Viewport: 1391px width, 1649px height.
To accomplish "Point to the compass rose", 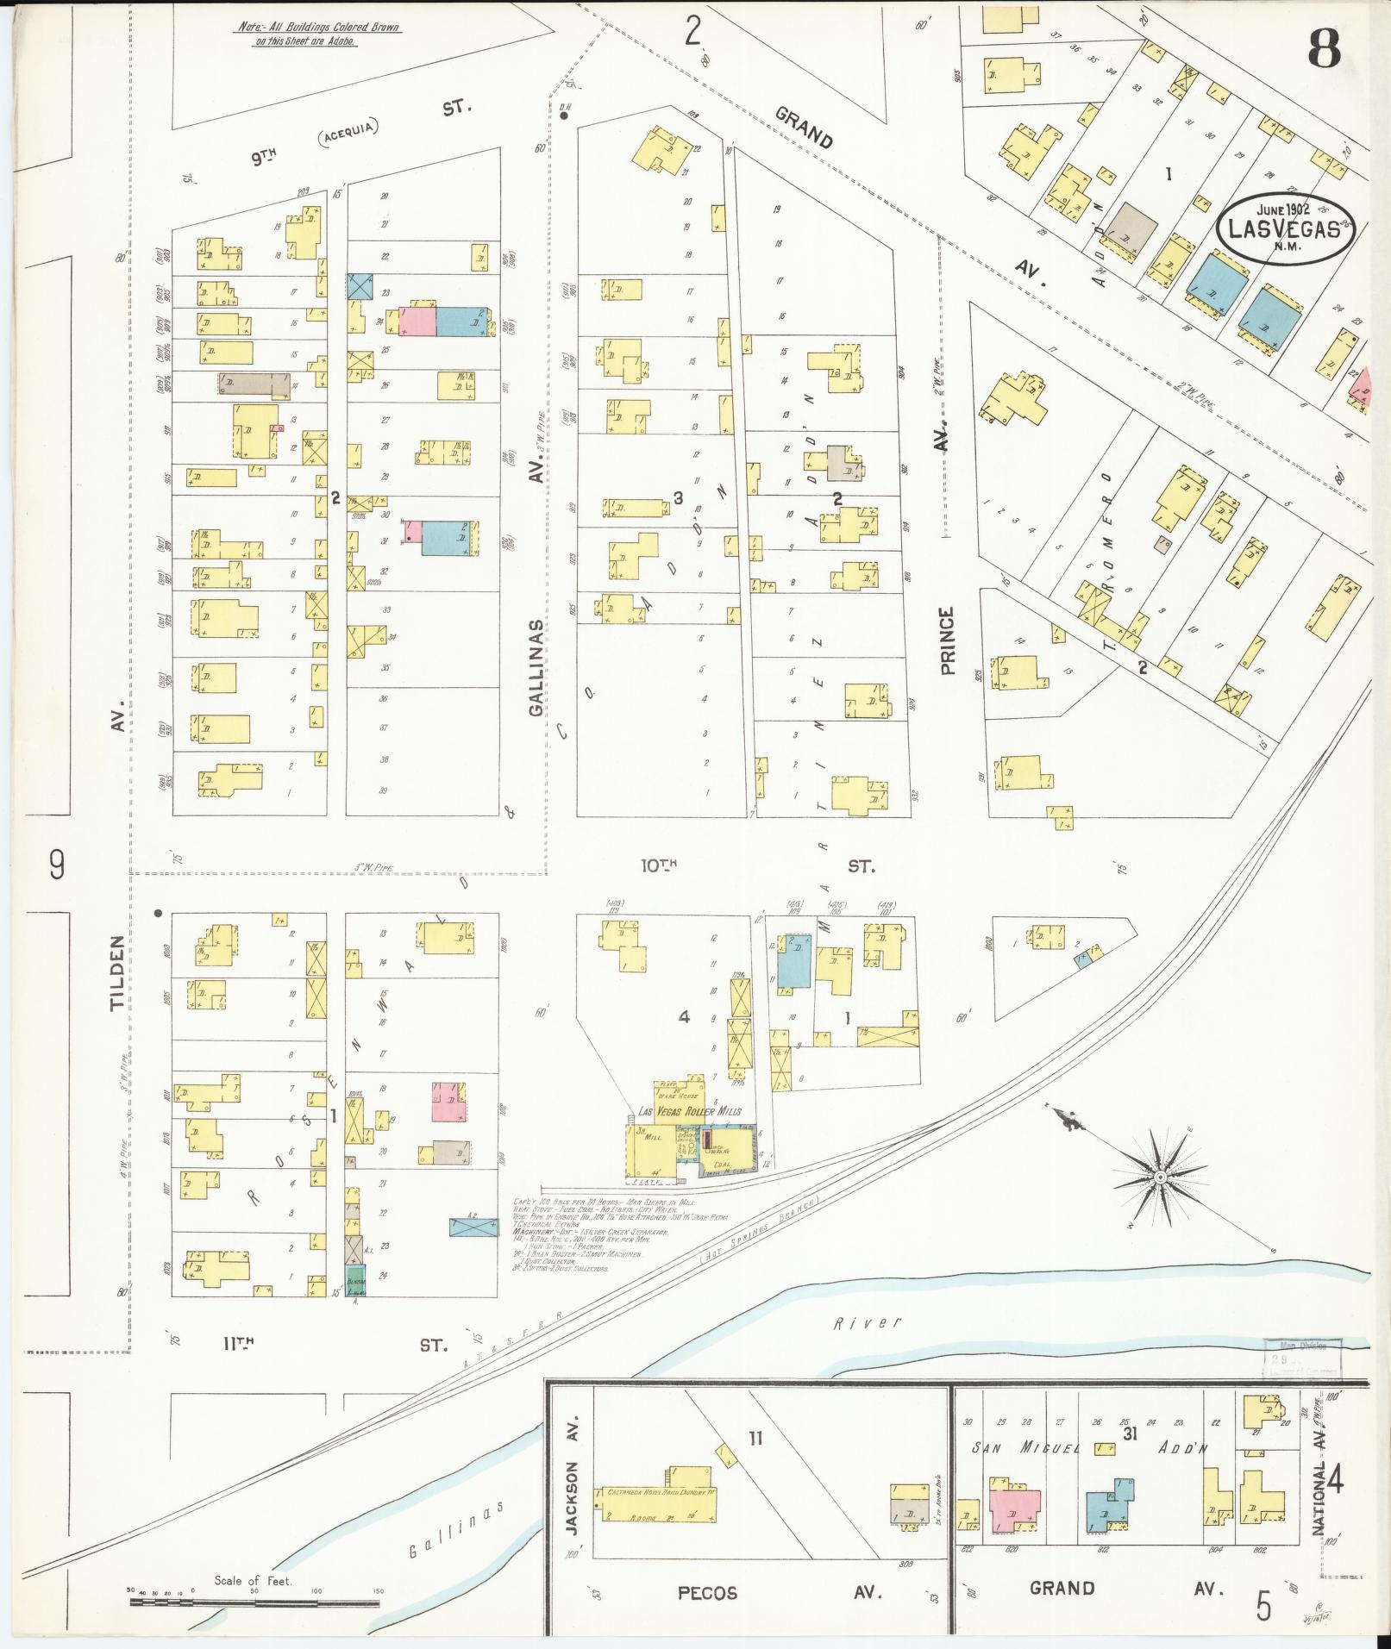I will (1160, 1177).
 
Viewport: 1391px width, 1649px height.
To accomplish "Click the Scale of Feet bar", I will (254, 1602).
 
